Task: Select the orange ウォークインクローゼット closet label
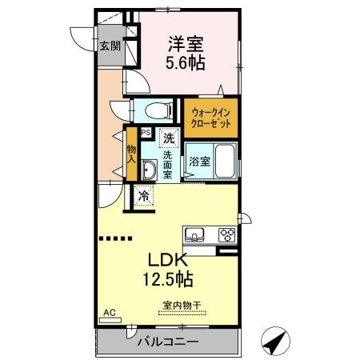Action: pos(210,118)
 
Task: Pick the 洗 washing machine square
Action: pos(169,138)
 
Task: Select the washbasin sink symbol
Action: pos(149,169)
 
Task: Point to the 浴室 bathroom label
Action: pos(200,161)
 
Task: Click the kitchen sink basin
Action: pos(194,235)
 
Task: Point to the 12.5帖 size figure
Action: pos(168,280)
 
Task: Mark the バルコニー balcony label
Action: pos(168,342)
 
